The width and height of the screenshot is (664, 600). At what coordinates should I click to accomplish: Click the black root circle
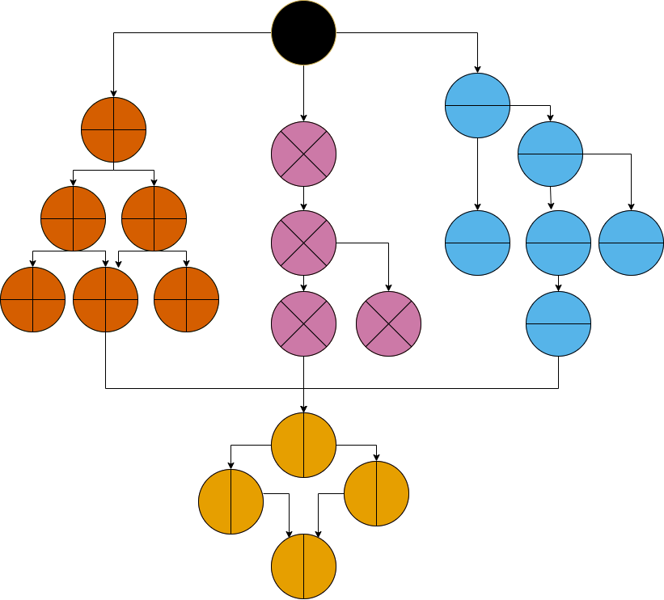[x=303, y=32]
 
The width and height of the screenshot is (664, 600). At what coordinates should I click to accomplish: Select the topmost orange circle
[x=113, y=129]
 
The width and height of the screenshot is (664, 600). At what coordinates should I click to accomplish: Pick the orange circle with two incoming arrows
[x=105, y=299]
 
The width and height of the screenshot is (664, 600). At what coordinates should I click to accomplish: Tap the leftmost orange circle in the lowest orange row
[x=32, y=299]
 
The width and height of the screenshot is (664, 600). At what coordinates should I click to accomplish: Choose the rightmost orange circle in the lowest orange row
[x=186, y=299]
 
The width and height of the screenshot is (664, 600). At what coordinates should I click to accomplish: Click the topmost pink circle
[x=303, y=154]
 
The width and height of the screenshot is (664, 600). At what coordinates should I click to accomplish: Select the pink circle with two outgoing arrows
[x=303, y=243]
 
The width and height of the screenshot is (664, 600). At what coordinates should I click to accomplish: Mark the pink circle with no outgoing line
[x=388, y=323]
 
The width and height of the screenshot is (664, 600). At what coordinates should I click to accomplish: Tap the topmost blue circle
[x=477, y=105]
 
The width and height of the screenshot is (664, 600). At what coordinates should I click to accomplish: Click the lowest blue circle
[x=558, y=323]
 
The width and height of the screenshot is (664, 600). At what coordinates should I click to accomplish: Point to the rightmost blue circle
[x=631, y=243]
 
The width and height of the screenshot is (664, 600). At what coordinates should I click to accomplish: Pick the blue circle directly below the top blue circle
[x=477, y=243]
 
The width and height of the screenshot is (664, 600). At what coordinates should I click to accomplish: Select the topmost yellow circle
[x=303, y=445]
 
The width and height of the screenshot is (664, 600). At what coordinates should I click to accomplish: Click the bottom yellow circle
[x=303, y=566]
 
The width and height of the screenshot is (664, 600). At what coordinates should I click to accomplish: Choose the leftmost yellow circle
[x=231, y=501]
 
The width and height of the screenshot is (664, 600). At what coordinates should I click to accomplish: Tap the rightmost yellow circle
[x=376, y=493]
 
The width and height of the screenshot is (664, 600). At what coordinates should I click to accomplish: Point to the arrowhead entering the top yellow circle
[x=303, y=408]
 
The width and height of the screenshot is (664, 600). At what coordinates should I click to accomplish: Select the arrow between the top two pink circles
[x=303, y=198]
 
